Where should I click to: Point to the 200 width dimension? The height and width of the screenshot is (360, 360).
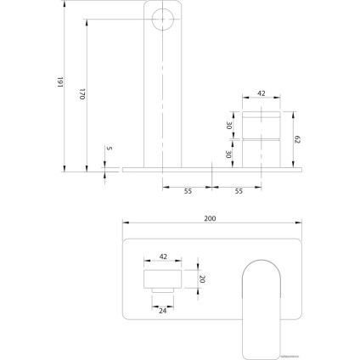click(210, 218)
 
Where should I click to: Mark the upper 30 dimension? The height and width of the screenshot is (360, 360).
click(228, 125)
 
